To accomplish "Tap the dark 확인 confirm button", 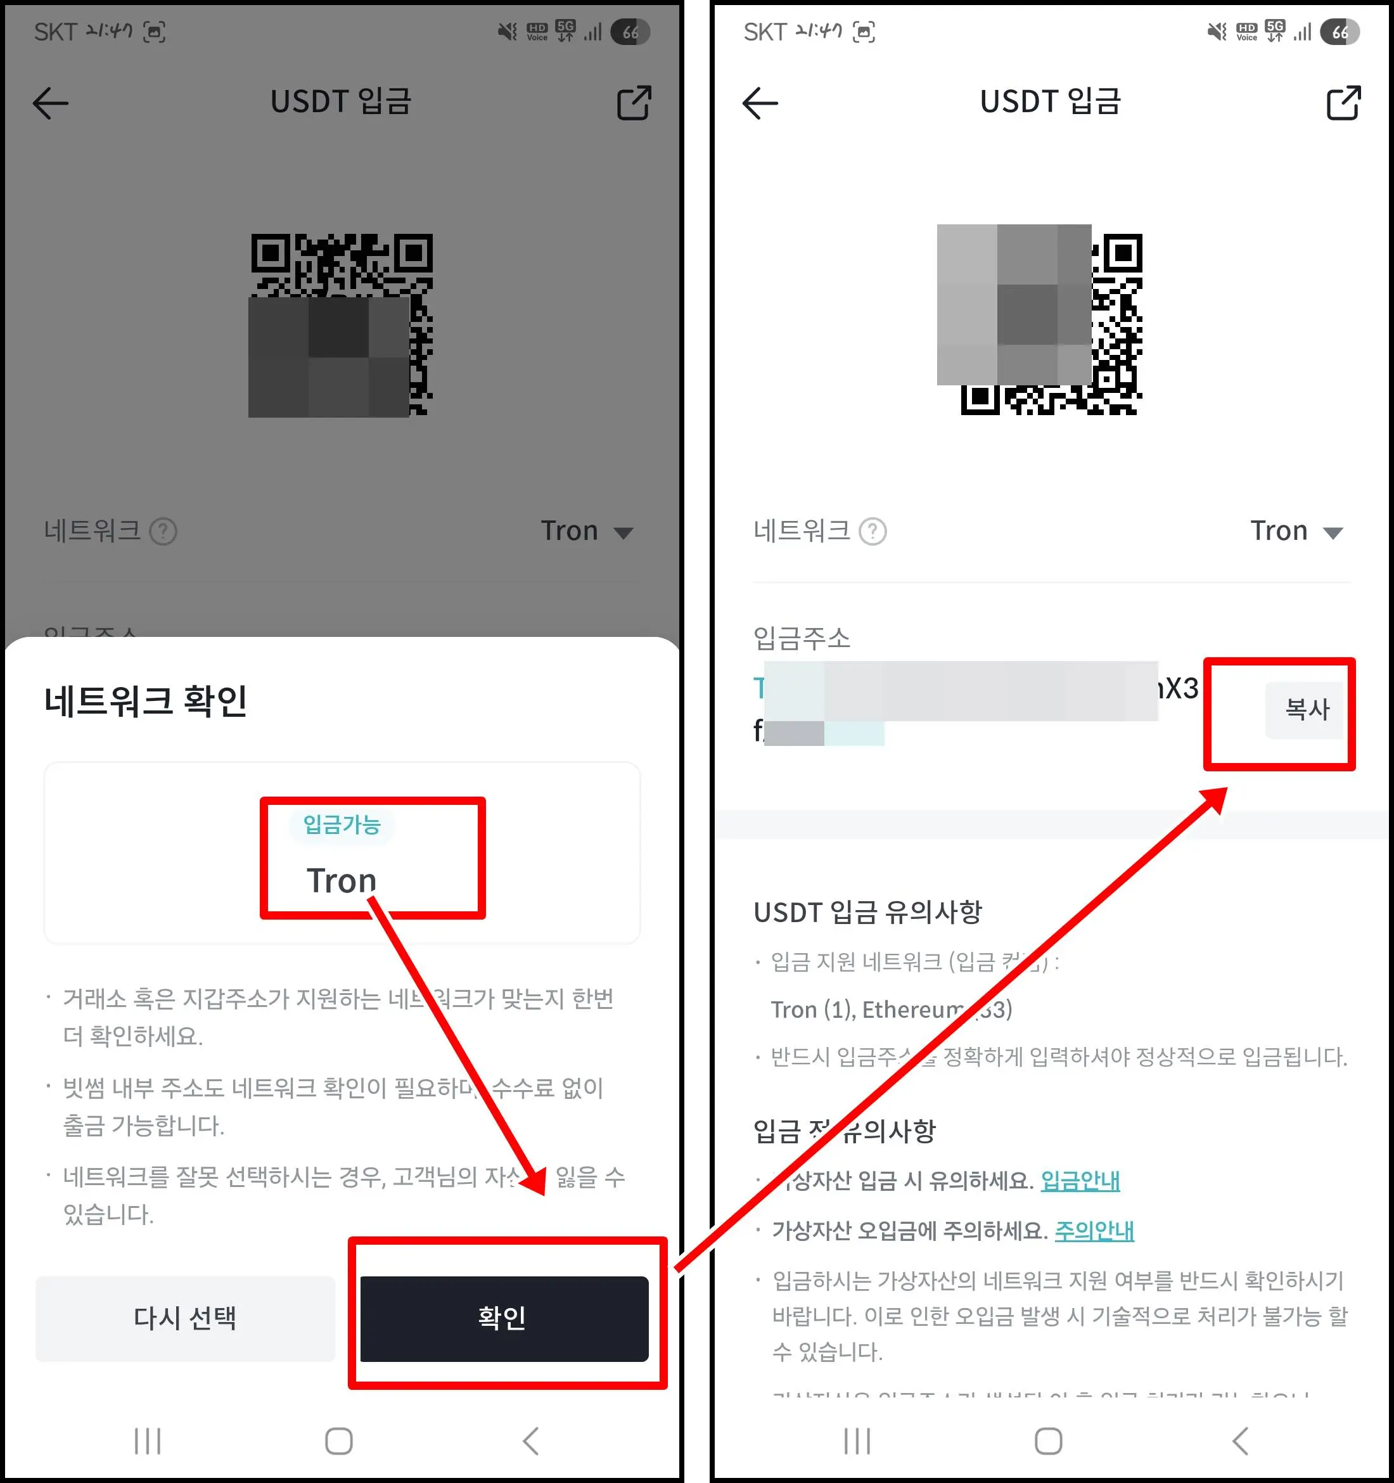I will pyautogui.click(x=504, y=1318).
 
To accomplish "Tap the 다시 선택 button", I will pyautogui.click(x=185, y=1318).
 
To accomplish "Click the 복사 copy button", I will pyautogui.click(x=1306, y=709).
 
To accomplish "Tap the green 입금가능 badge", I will pyautogui.click(x=342, y=825).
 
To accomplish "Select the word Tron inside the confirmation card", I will pyautogui.click(x=342, y=881).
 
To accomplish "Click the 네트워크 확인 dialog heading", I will pyautogui.click(x=146, y=701).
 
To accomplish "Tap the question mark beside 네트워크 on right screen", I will pyautogui.click(x=873, y=532).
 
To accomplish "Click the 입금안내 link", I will pyautogui.click(x=1080, y=1181).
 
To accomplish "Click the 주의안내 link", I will pyautogui.click(x=1094, y=1231).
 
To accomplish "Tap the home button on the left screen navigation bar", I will pyautogui.click(x=338, y=1441).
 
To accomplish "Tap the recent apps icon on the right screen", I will pyautogui.click(x=857, y=1441).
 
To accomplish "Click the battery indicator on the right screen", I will pyautogui.click(x=1340, y=32).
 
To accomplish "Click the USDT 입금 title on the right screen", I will pyautogui.click(x=1050, y=101).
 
